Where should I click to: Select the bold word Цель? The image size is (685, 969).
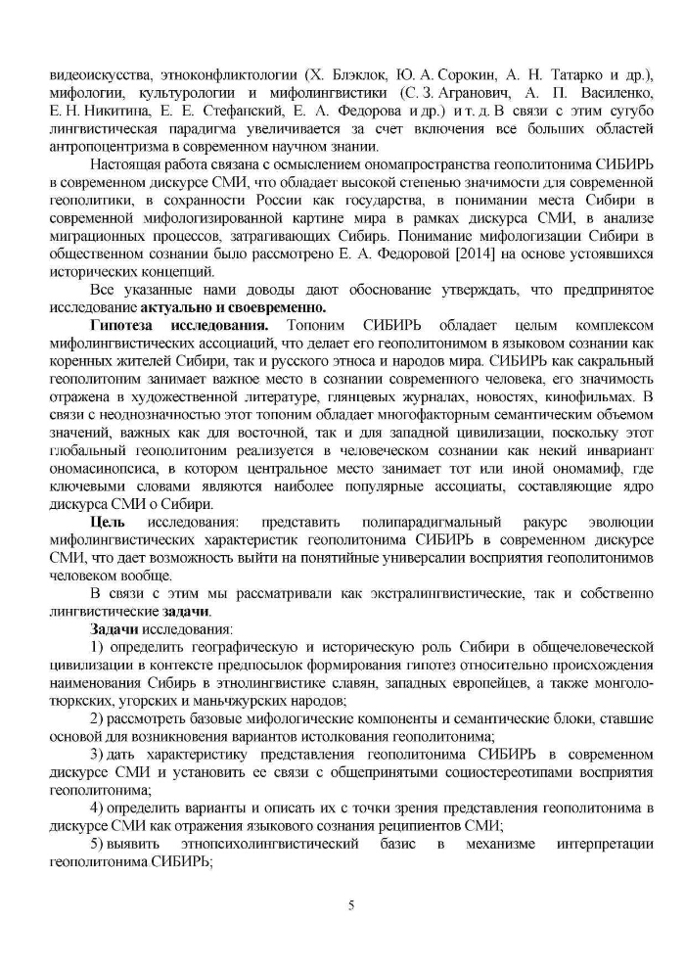[108, 522]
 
